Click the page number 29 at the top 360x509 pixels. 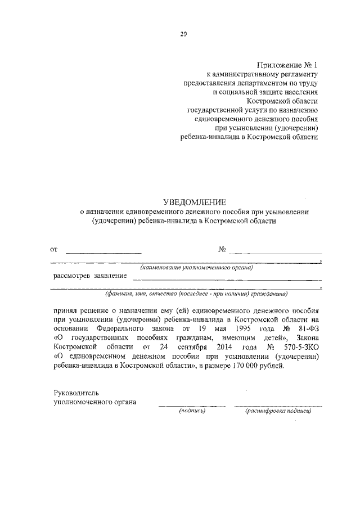tap(183, 34)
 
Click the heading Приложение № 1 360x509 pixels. tap(287, 65)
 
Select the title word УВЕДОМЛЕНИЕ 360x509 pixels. tap(194, 201)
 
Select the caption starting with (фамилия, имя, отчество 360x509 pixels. tap(196, 293)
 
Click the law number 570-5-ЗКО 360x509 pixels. tap(299, 346)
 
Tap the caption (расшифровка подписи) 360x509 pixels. tap(278, 411)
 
